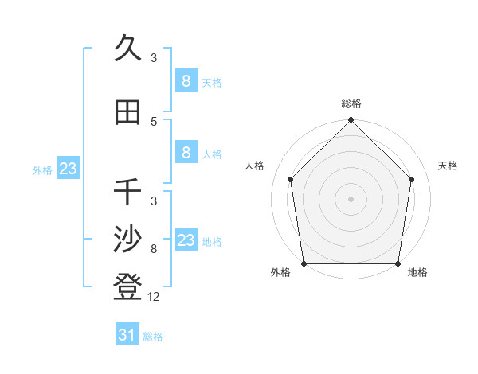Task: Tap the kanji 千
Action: point(128,192)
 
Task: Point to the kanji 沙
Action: point(128,240)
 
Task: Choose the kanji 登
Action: point(128,287)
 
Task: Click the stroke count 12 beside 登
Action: point(155,297)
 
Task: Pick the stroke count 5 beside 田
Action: point(154,122)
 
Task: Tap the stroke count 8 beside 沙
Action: point(154,249)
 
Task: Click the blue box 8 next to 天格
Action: point(186,80)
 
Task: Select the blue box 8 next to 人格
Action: point(186,153)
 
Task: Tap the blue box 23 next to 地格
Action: point(186,240)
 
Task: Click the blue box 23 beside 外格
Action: point(68,168)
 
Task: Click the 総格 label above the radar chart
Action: point(351,103)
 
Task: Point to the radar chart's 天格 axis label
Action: point(449,166)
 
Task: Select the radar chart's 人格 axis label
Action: point(255,166)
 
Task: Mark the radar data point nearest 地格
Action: point(398,263)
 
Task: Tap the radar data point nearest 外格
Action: point(304,263)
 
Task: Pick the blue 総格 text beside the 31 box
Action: point(153,337)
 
